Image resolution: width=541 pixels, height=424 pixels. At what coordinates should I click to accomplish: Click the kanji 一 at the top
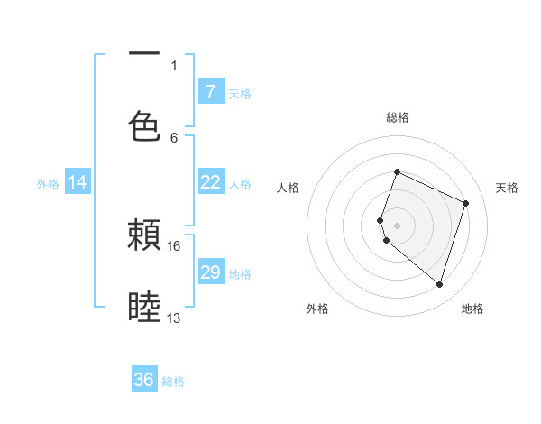tap(144, 54)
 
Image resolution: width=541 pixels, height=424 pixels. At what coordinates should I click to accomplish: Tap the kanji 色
tap(144, 125)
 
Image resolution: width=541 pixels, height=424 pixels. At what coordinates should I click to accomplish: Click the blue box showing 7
tap(210, 91)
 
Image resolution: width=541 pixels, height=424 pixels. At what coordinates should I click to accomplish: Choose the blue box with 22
tap(210, 182)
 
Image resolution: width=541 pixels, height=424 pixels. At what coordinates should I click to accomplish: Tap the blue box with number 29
tap(210, 272)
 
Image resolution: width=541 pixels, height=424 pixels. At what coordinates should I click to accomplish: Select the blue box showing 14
tap(78, 182)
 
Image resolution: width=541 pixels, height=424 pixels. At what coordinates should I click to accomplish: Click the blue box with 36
tap(144, 380)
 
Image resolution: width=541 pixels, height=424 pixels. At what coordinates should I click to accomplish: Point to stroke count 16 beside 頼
tap(174, 245)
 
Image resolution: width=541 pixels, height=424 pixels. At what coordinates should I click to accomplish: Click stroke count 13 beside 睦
tap(174, 318)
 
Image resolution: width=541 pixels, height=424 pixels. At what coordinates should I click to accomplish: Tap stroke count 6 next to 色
tap(174, 137)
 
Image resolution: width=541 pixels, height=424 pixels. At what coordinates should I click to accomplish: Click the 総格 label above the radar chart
tap(398, 117)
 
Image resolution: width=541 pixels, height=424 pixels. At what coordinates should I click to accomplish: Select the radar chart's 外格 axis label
tap(317, 309)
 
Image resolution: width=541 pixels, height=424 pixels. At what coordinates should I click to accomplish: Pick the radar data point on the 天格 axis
tap(466, 203)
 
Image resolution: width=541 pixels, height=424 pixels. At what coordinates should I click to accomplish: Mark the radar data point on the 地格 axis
tap(439, 284)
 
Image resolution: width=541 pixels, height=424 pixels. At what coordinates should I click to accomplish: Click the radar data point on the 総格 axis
tap(397, 173)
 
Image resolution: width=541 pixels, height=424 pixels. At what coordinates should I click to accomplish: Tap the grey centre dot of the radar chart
tap(397, 225)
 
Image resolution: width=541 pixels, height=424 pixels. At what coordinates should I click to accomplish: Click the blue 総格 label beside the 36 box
tap(173, 382)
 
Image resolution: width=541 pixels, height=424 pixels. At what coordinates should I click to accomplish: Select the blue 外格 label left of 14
tap(48, 184)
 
